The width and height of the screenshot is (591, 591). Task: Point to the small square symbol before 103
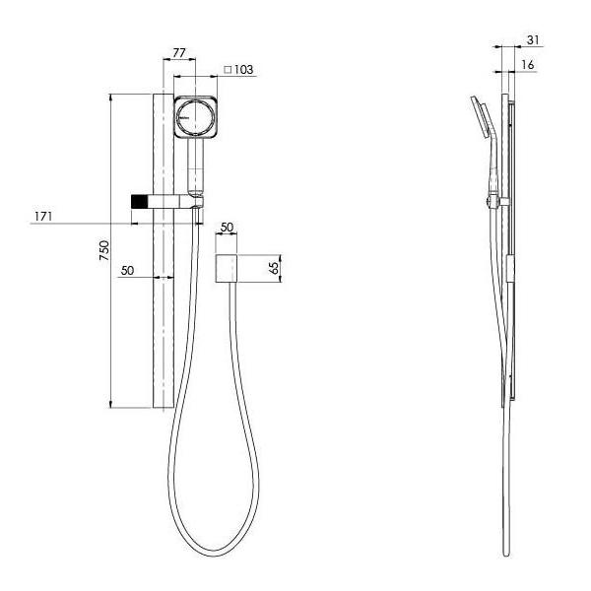229,70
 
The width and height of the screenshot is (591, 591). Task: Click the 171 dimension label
44,216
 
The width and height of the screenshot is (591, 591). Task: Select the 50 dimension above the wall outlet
227,228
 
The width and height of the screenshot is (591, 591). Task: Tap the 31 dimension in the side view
533,40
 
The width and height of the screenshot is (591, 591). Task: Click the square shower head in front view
196,118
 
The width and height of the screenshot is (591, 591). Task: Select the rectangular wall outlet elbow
227,268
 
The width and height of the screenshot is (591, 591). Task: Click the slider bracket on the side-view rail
494,204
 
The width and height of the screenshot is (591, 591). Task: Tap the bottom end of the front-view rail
163,403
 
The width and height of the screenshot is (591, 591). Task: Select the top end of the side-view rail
509,98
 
